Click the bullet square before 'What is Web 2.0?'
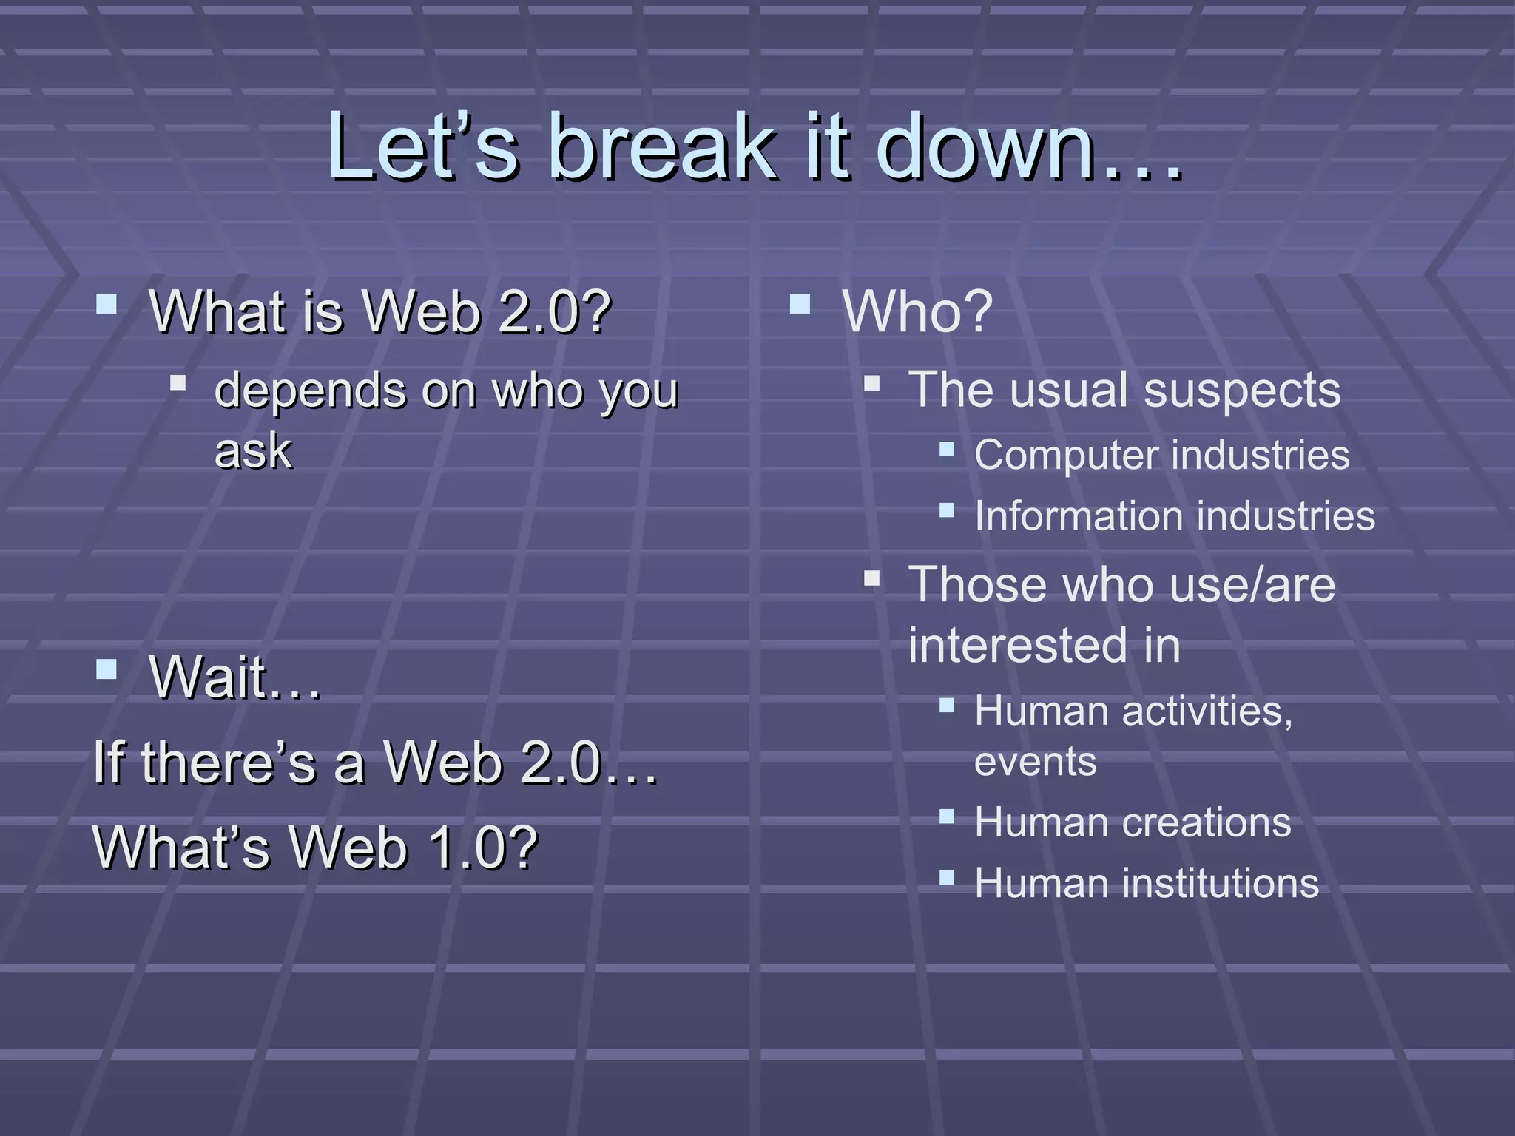[107, 304]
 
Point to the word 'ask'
[253, 451]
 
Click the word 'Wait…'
[235, 677]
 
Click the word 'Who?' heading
[917, 312]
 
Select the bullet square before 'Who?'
[800, 304]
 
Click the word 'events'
[1035, 762]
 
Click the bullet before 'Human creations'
[947, 816]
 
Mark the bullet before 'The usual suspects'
[872, 383]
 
